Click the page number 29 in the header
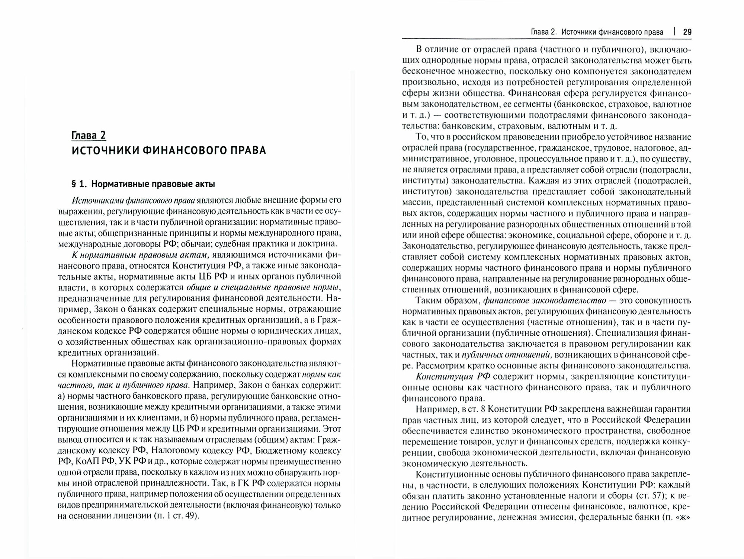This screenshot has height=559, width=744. pyautogui.click(x=687, y=32)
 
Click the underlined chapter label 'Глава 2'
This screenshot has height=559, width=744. pyautogui.click(x=89, y=135)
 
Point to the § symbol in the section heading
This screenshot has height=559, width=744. pyautogui.click(x=74, y=184)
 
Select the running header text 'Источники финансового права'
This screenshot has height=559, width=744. pyautogui.click(x=612, y=32)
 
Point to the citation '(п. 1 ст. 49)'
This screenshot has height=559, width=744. pyautogui.click(x=172, y=517)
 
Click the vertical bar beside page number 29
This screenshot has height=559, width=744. pyautogui.click(x=674, y=32)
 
